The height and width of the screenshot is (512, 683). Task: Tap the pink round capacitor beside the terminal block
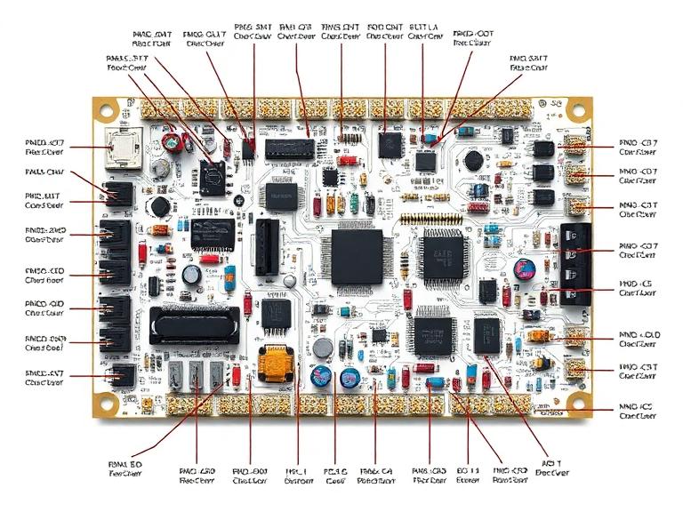526,268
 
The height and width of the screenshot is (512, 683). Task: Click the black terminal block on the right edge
575,262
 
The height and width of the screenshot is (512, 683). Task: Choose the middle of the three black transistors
542,172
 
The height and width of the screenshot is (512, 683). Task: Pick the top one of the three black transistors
542,148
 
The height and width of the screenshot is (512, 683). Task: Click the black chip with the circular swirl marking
213,176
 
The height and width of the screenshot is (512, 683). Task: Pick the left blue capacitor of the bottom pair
317,377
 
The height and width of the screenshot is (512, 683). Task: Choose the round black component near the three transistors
474,161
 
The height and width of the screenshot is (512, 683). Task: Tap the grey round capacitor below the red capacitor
161,167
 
